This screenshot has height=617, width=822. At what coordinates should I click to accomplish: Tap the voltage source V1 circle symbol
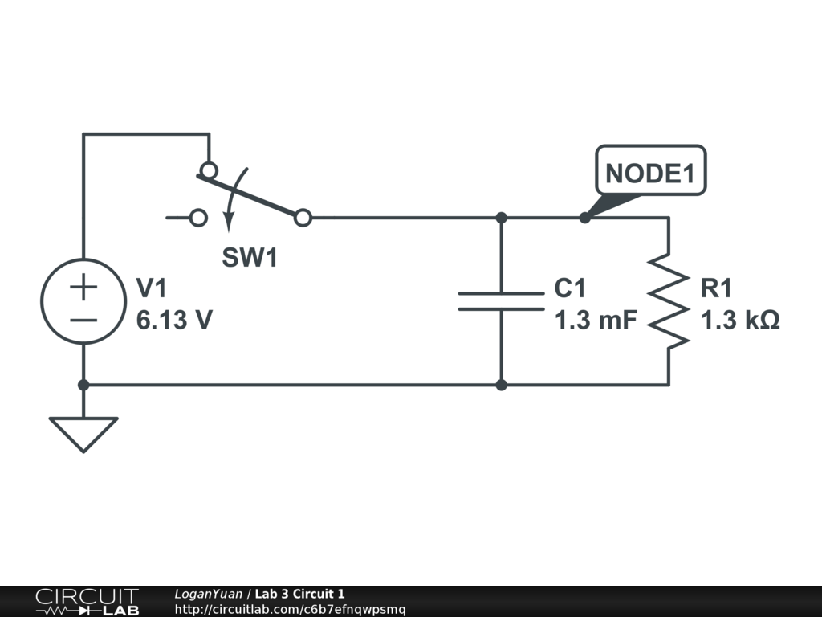(x=83, y=301)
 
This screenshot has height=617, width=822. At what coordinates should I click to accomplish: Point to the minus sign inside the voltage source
(x=83, y=319)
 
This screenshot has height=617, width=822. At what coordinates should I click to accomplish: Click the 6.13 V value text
(x=174, y=321)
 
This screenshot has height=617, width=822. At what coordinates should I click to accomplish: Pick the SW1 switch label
(x=249, y=259)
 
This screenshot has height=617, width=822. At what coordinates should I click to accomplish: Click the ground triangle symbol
(x=83, y=432)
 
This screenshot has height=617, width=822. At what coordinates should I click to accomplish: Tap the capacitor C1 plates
(x=501, y=301)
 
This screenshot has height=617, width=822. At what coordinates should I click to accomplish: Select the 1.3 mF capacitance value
(x=596, y=321)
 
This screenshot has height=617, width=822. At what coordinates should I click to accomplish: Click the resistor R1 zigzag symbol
(x=669, y=301)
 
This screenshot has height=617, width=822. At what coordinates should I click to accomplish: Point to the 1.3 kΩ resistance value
(x=740, y=321)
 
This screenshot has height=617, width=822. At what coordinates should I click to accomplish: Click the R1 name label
(x=717, y=288)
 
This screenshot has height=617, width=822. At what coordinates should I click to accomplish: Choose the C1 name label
(x=571, y=288)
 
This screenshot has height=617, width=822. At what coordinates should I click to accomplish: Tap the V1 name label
(x=153, y=288)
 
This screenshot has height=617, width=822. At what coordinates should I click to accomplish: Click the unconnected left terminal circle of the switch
(x=198, y=218)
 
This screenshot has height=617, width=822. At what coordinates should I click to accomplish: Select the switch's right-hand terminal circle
(x=303, y=218)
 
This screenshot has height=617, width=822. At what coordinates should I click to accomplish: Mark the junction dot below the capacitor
(x=501, y=385)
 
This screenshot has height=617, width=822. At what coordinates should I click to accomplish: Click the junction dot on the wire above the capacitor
(x=501, y=218)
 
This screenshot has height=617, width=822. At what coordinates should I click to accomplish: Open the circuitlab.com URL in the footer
(x=290, y=609)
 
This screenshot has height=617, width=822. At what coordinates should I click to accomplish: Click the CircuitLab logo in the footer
(x=86, y=602)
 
